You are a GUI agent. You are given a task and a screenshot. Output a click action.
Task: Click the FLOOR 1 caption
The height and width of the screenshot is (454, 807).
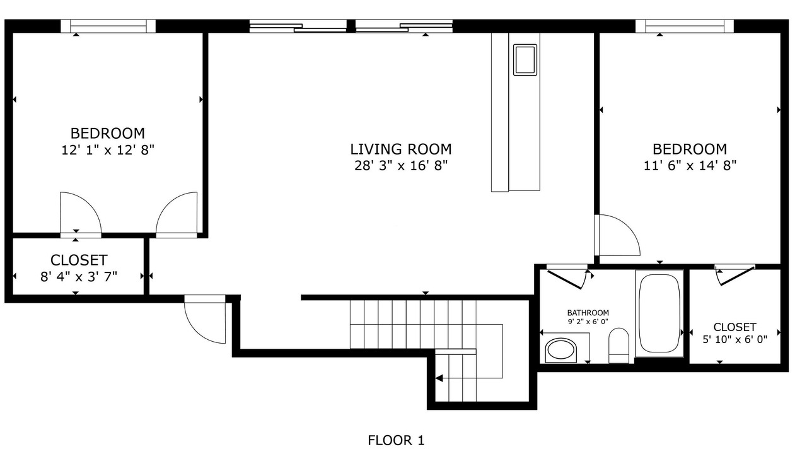click(x=396, y=440)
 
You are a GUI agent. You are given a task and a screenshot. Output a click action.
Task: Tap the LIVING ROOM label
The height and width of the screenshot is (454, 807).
click(x=400, y=149)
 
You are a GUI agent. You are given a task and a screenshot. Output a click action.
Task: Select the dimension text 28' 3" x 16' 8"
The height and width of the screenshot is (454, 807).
click(x=401, y=165)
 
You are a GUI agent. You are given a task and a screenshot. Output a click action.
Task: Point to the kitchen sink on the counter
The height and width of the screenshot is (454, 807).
click(x=525, y=60)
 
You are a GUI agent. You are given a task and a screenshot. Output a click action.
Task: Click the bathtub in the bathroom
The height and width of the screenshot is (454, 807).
click(x=659, y=313)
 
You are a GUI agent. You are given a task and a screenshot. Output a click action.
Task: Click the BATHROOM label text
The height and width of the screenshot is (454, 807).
click(x=588, y=313)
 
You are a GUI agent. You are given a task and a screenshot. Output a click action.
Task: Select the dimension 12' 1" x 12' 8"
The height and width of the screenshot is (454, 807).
click(x=108, y=149)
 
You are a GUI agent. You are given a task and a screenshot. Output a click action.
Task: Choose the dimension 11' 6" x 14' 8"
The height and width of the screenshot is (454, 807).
click(x=690, y=165)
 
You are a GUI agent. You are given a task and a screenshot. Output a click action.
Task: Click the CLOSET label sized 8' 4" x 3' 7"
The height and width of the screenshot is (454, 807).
click(x=79, y=260)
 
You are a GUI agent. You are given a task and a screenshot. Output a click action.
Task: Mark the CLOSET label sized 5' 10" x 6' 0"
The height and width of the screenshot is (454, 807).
click(x=734, y=327)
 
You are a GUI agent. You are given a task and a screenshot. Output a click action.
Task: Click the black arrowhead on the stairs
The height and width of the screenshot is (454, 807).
click(x=439, y=378)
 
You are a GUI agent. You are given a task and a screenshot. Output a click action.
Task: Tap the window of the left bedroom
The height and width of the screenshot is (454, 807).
click(x=108, y=26)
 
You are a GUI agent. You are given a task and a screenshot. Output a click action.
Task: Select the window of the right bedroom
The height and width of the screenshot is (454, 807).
click(x=685, y=26)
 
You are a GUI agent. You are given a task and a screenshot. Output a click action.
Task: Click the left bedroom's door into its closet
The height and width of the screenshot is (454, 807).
click(x=81, y=214)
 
